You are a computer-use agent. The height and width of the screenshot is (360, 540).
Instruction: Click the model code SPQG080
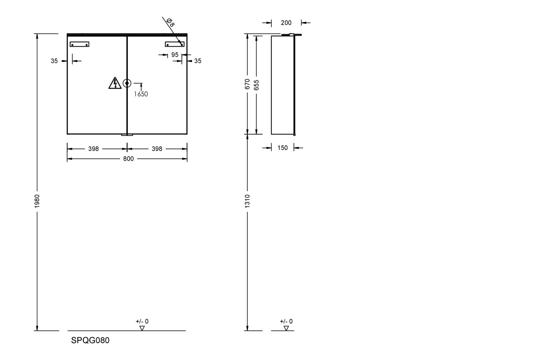(90, 340)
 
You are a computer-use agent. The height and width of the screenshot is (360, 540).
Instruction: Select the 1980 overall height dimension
(37, 201)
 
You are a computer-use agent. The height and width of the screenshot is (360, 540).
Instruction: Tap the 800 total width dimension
(128, 159)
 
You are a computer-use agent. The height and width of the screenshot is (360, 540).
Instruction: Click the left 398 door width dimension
(94, 149)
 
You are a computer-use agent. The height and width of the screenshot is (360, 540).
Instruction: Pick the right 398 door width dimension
(157, 149)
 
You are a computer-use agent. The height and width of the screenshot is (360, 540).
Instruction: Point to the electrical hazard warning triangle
(115, 83)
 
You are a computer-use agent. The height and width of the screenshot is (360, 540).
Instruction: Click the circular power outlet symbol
(127, 83)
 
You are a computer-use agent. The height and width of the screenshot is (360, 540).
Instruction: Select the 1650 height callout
(141, 94)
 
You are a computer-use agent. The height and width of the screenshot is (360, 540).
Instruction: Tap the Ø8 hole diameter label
(170, 22)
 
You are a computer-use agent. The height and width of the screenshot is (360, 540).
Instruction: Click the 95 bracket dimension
(175, 55)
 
